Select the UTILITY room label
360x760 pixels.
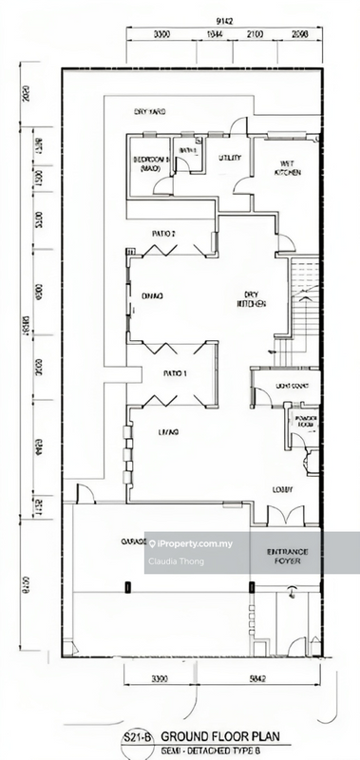pos(230,158)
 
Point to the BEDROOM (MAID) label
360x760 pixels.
pos(151,162)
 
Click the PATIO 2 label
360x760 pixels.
pos(165,233)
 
